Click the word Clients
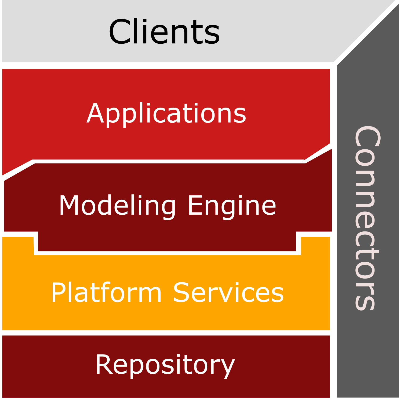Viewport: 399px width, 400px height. [x=164, y=31]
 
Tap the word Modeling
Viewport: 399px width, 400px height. [x=117, y=205]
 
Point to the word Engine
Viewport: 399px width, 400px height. [x=232, y=205]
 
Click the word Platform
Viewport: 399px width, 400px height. [x=106, y=292]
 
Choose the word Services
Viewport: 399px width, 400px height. [x=228, y=292]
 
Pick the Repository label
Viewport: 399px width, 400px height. [x=165, y=365]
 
